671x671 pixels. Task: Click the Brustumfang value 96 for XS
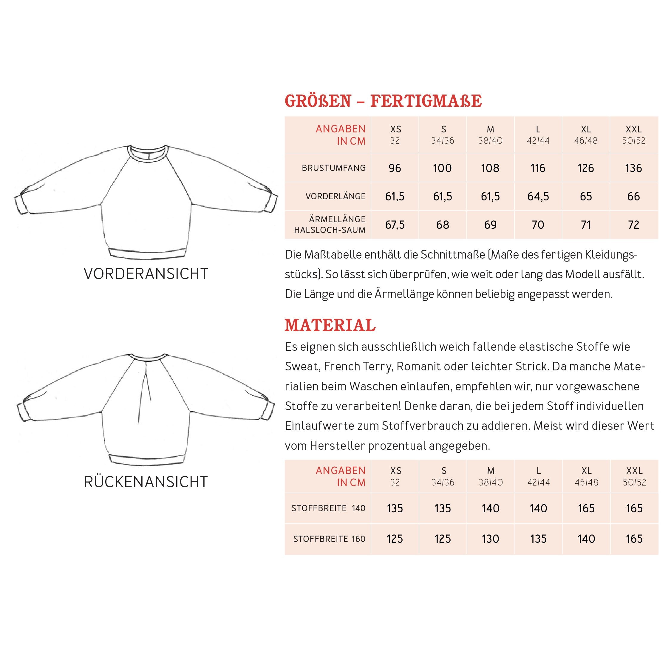[x=395, y=168]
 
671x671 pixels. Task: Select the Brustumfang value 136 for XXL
[x=633, y=168]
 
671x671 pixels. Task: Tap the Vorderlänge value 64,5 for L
[x=538, y=197]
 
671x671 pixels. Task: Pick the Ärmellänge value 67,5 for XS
[x=395, y=225]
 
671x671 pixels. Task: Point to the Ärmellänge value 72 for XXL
[x=633, y=225]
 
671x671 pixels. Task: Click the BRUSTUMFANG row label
[x=333, y=168]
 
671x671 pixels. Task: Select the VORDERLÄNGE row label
[x=335, y=197]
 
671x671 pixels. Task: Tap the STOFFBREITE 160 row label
[x=329, y=539]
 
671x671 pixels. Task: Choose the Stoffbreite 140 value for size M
[x=490, y=508]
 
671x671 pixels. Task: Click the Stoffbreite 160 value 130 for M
[x=490, y=539]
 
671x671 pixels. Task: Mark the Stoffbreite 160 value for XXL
[x=634, y=539]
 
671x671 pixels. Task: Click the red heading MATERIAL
[x=330, y=325]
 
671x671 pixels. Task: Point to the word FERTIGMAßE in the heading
[x=426, y=101]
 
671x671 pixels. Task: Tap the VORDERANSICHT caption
[x=146, y=274]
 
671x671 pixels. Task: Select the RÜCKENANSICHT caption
[x=146, y=482]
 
